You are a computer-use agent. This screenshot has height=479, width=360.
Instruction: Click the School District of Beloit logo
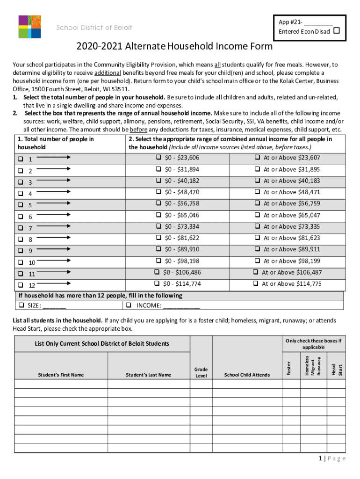pyautogui.click(x=29, y=27)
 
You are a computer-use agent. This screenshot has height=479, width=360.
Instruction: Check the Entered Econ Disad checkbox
pyautogui.click(x=336, y=31)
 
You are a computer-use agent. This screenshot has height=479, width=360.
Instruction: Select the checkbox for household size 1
pyautogui.click(x=21, y=159)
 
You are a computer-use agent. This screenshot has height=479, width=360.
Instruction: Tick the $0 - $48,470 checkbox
pyautogui.click(x=159, y=192)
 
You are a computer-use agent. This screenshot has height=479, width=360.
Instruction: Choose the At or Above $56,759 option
pyautogui.click(x=257, y=203)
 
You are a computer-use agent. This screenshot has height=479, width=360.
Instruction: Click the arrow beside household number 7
pyautogui.click(x=53, y=226)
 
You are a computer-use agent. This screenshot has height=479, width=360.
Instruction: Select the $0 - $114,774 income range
pyautogui.click(x=157, y=283)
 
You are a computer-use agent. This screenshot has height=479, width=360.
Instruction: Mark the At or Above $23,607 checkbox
pyautogui.click(x=257, y=158)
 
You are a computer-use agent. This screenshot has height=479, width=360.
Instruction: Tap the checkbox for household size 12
pyautogui.click(x=21, y=284)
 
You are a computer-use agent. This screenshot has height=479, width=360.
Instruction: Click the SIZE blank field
pyautogui.click(x=54, y=306)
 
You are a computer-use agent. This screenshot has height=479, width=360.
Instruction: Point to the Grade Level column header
pyautogui.click(x=201, y=372)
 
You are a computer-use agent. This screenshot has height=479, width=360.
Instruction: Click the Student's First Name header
pyautogui.click(x=61, y=375)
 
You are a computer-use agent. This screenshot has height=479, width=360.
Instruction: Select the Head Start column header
pyautogui.click(x=337, y=369)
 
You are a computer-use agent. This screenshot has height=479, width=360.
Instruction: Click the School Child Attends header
pyautogui.click(x=247, y=375)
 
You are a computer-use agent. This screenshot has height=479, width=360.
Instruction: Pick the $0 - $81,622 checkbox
pyautogui.click(x=159, y=238)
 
